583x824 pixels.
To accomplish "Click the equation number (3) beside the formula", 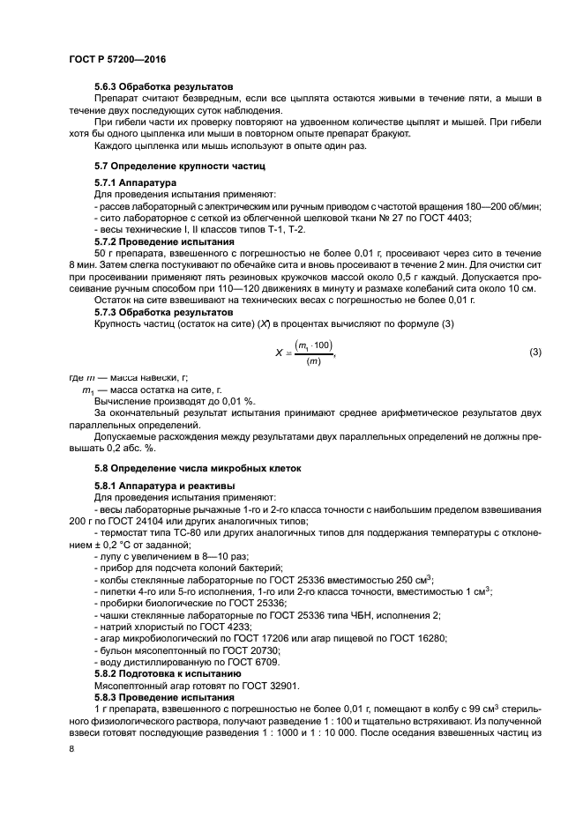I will coord(534,353).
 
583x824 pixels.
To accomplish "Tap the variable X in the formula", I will coord(279,353).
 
